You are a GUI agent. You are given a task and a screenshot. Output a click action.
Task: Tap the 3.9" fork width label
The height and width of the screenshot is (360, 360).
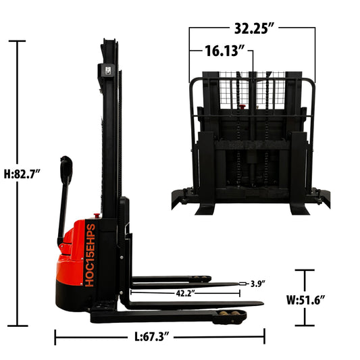[257, 284]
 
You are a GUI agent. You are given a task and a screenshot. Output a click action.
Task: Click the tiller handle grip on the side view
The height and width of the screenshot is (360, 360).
[66, 169]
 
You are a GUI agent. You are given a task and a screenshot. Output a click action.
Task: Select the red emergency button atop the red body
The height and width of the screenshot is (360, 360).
[95, 217]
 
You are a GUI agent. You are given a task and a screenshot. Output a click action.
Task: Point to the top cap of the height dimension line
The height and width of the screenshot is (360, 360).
[17, 42]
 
